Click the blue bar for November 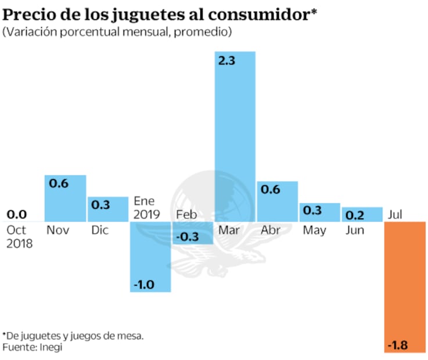[x=66, y=198]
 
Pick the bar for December [x=108, y=209]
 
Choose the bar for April [x=278, y=201]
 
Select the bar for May [x=320, y=212]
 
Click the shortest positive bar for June [x=362, y=214]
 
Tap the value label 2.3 [x=226, y=60]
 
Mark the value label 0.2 [x=354, y=215]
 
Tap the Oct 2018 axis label [x=19, y=237]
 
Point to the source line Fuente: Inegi [x=32, y=347]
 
